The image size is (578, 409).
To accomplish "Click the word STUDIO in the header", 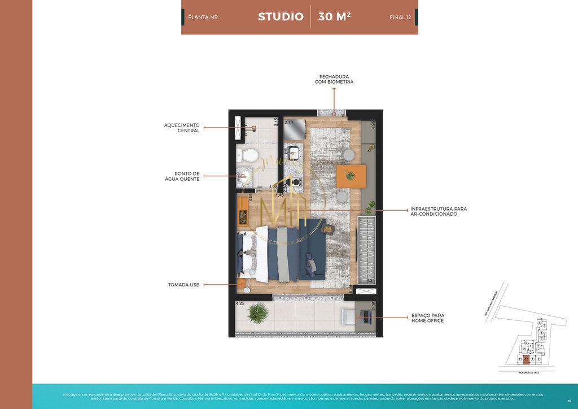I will tap(281, 17).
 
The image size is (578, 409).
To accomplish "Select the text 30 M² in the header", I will tap(334, 17).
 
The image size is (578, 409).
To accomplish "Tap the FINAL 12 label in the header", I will tap(400, 18).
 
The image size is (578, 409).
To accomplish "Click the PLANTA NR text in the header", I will tap(203, 18).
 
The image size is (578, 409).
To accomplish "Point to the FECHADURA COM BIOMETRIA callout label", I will tap(334, 79).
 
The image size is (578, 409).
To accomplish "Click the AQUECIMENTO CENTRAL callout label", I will tap(181, 128).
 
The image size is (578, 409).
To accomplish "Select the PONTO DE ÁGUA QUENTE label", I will tap(187, 177).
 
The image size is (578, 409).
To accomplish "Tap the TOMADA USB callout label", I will tap(183, 285).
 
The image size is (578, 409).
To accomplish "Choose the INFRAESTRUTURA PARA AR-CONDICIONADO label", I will tap(439, 211).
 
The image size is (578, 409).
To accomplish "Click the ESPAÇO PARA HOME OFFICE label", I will tap(427, 318).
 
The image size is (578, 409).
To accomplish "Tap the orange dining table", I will tap(347, 176).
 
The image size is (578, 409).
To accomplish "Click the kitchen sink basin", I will tap(293, 152).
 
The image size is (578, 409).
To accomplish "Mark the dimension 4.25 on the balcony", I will tap(240, 303).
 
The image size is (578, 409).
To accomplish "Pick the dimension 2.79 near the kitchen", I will tap(288, 123).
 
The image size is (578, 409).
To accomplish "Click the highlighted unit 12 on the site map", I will tap(526, 359).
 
